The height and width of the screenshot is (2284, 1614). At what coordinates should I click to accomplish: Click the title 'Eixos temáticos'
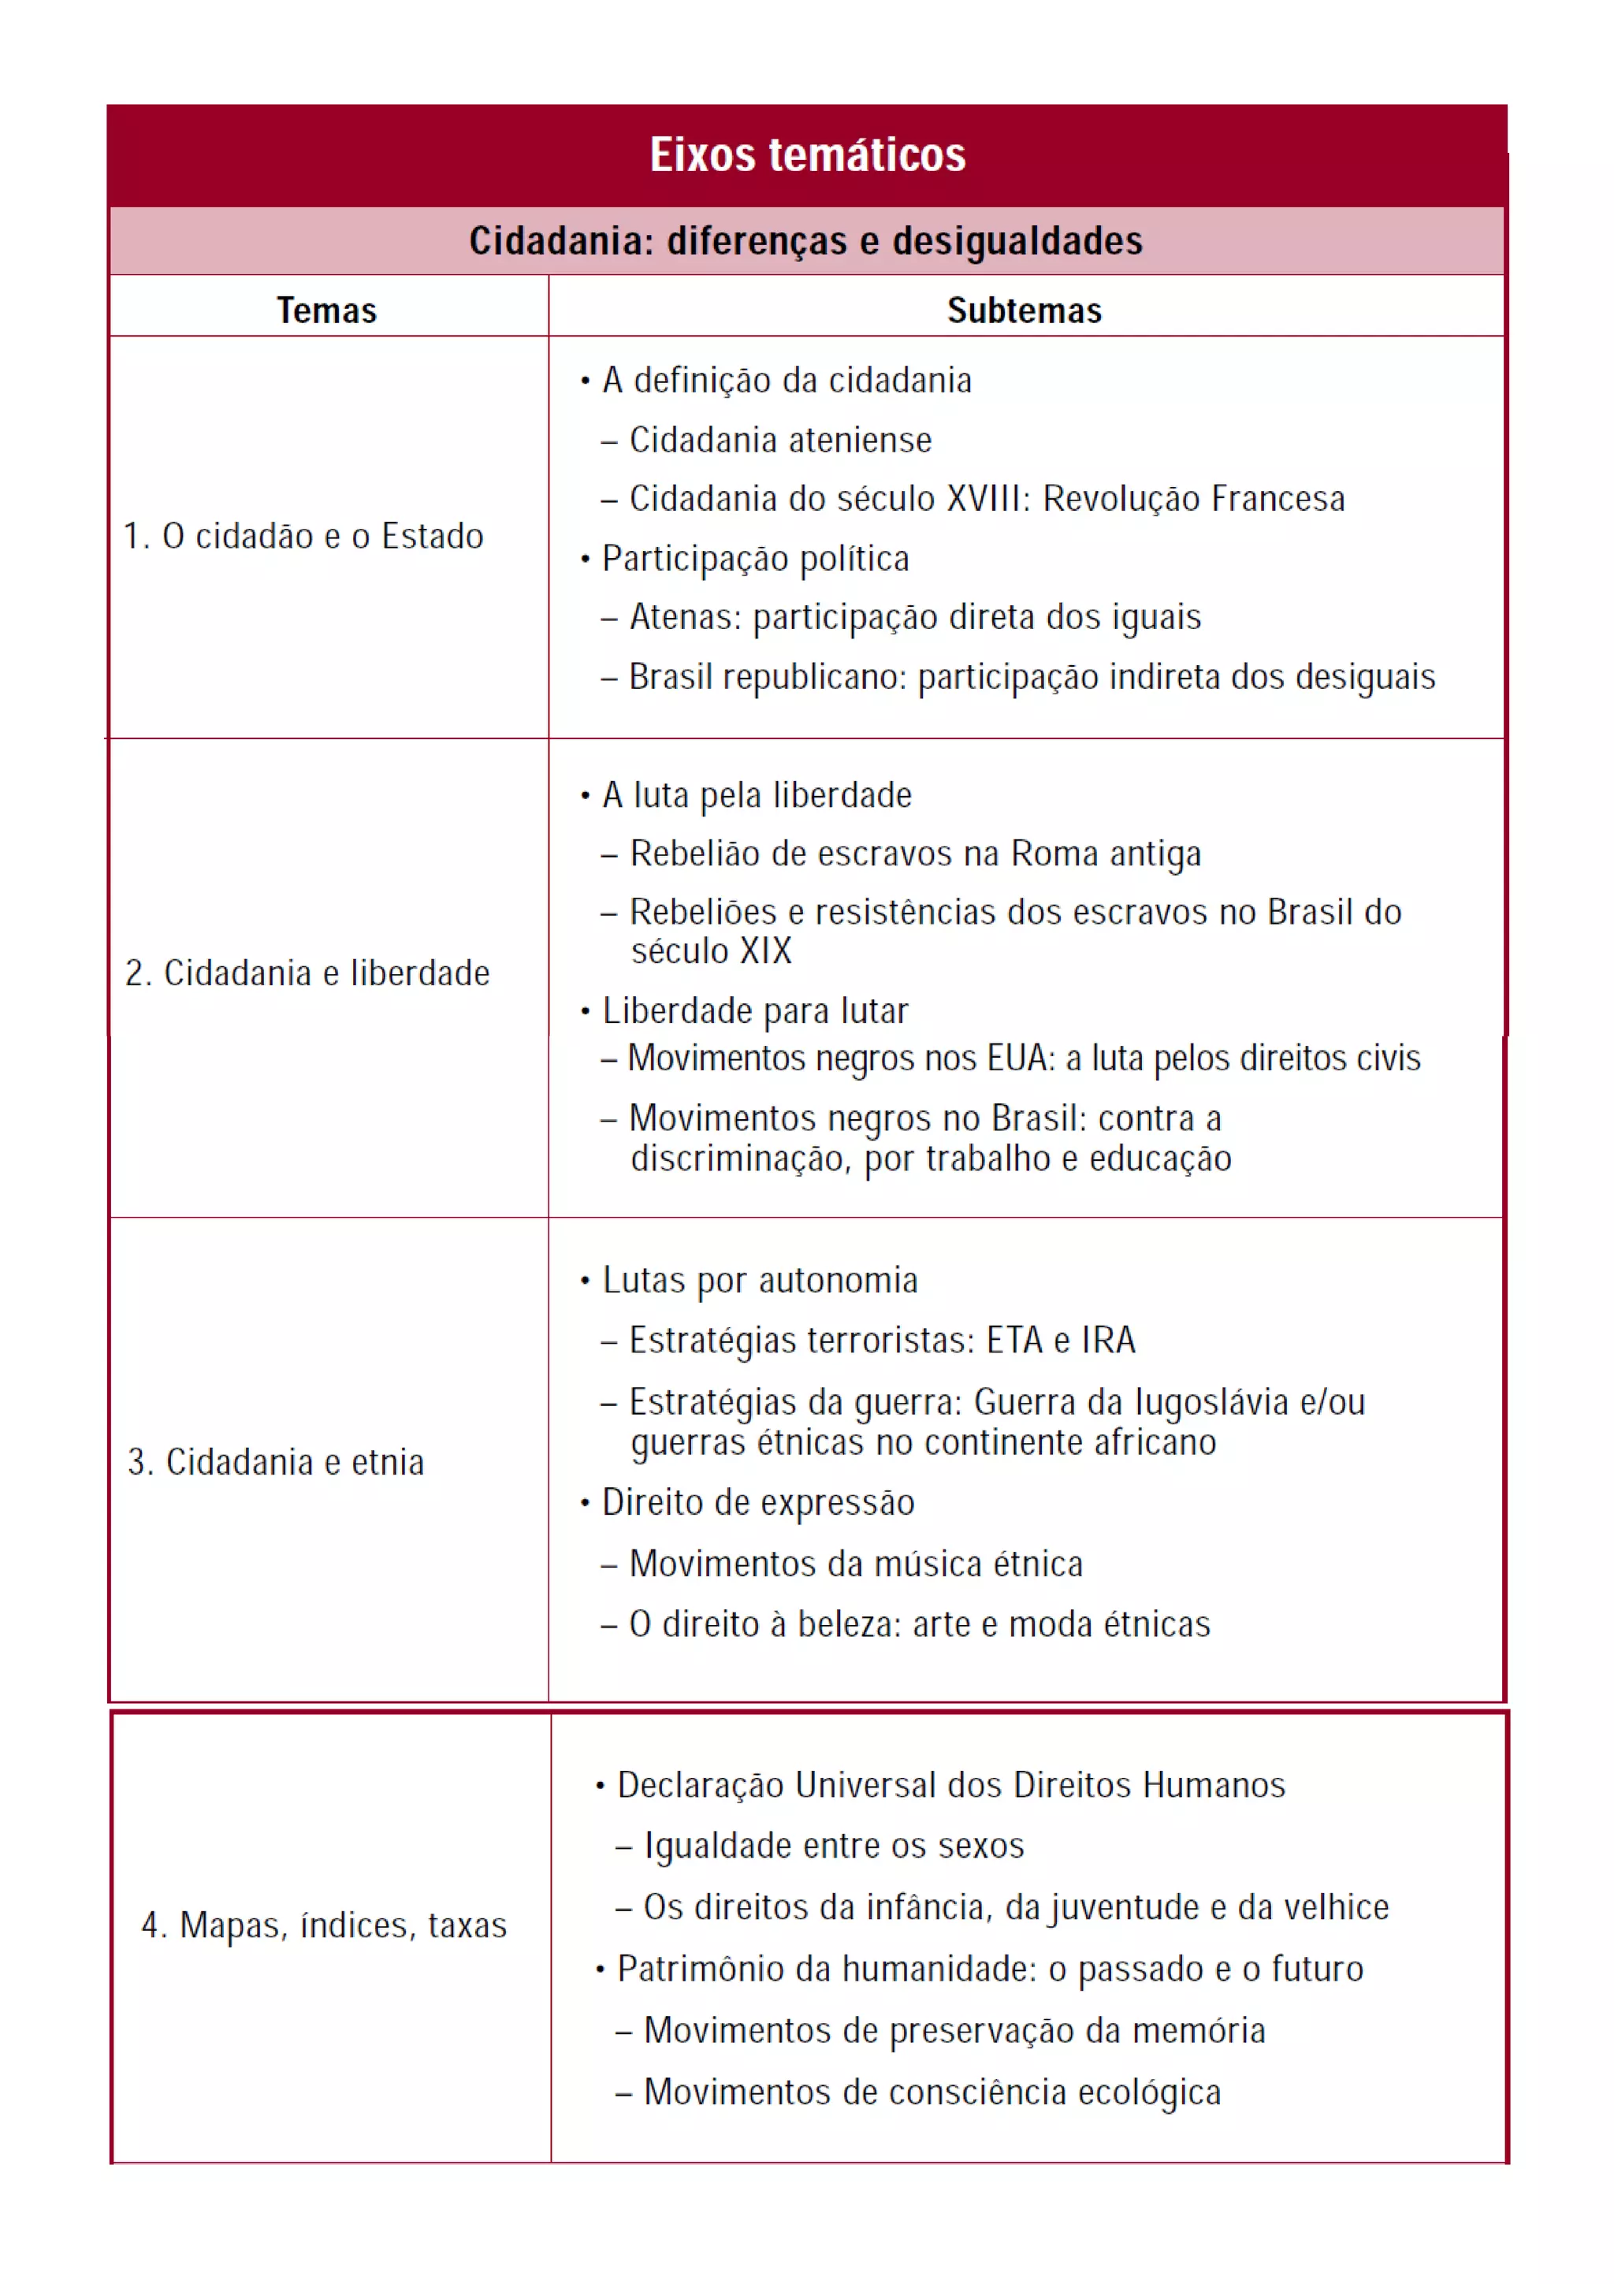pos(808,155)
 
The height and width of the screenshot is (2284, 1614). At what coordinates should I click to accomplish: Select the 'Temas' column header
pos(326,311)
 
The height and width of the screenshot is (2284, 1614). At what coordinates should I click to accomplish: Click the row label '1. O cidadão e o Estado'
pos(303,536)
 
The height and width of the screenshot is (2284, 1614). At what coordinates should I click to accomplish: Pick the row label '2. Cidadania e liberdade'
pos(307,973)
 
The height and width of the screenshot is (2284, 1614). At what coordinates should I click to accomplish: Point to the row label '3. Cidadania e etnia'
pos(276,1461)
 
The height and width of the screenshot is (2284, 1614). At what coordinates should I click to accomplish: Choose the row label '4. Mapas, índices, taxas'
pos(324,1925)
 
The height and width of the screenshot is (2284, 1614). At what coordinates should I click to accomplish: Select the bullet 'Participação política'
pos(755,558)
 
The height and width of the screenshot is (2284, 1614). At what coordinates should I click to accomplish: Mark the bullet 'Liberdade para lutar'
pos(755,1010)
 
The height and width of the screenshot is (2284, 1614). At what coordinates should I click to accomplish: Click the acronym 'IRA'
pos(1108,1340)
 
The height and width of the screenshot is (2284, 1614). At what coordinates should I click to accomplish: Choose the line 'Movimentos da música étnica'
pos(855,1564)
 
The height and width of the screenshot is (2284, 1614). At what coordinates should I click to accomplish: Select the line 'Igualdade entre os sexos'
pos(833,1845)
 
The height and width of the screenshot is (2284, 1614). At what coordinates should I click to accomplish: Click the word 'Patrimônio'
pos(707,1969)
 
